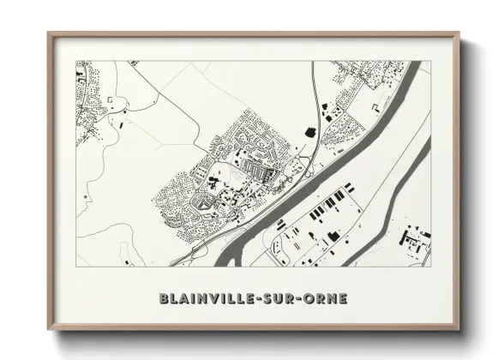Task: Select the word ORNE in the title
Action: click(331, 299)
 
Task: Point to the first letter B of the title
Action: click(164, 299)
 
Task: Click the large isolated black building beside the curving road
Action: click(309, 130)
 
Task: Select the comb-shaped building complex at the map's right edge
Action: click(415, 242)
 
